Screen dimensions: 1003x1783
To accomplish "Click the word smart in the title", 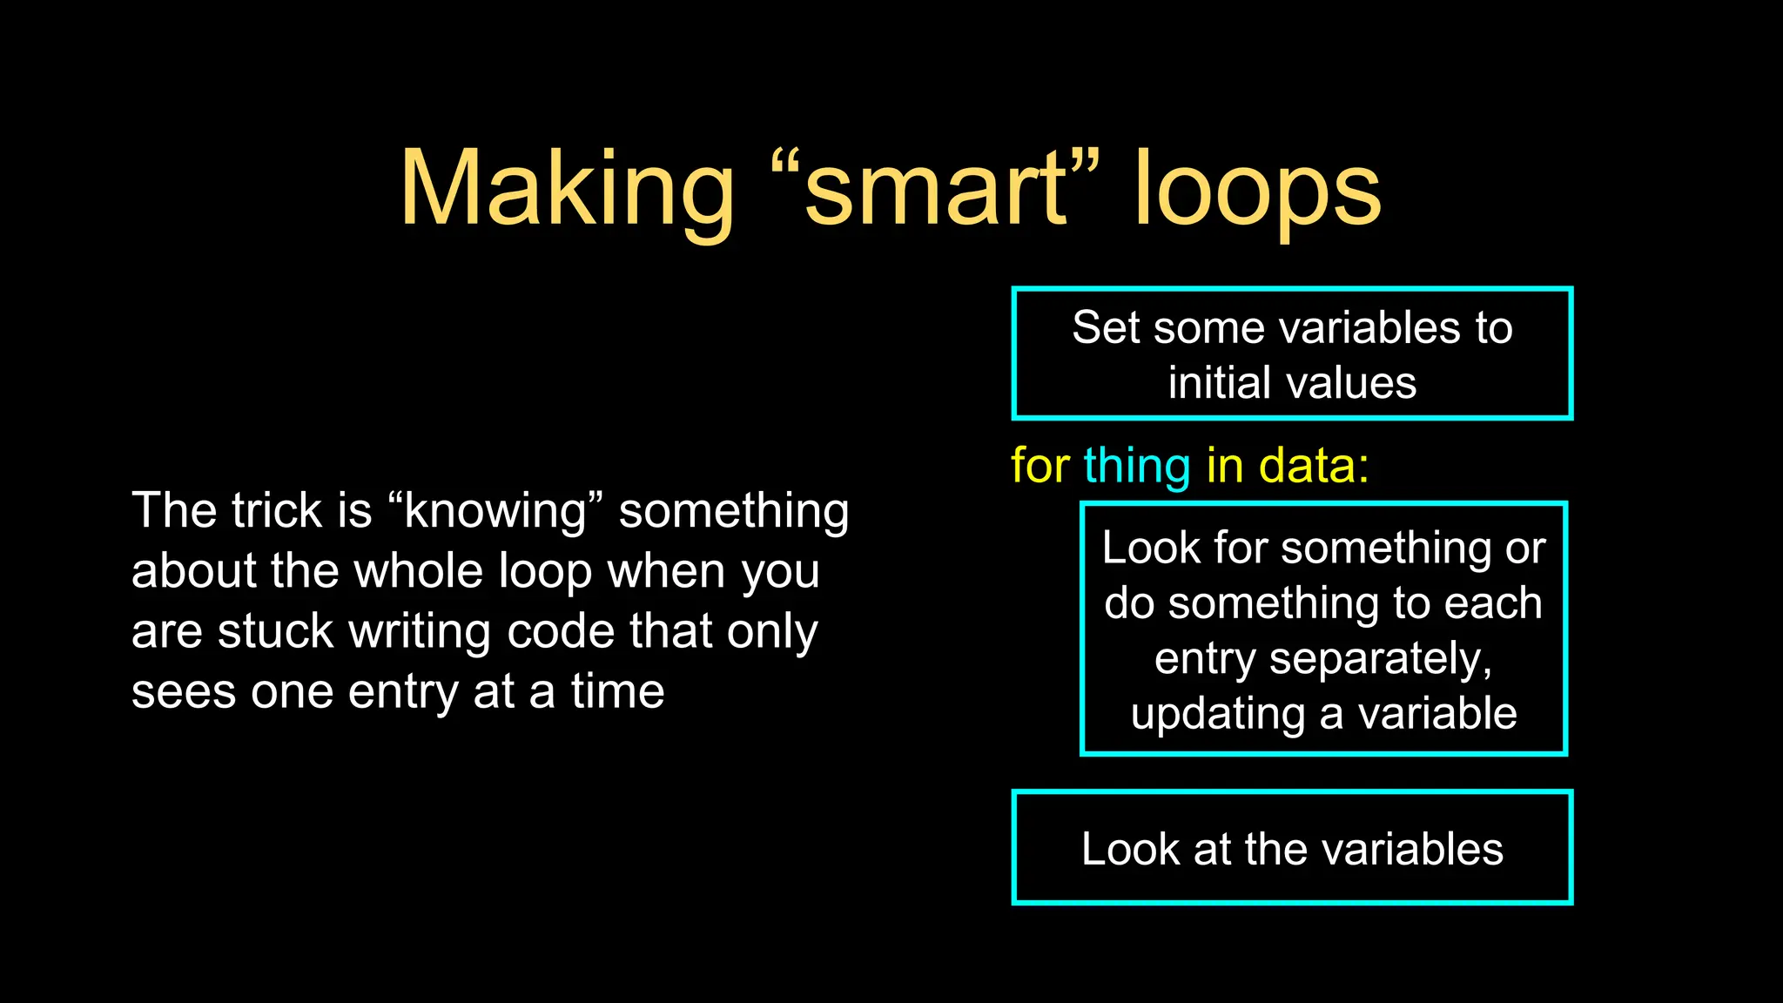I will tap(935, 190).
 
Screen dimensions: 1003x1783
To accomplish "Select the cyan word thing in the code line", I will tap(1136, 467).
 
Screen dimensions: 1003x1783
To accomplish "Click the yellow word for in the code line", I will tap(1040, 465).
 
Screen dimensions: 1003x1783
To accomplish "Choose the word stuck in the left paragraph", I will tap(275, 631).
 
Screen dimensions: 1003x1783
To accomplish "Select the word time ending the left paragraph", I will tap(617, 692).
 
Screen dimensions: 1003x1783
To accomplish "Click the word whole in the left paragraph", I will tap(419, 571).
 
